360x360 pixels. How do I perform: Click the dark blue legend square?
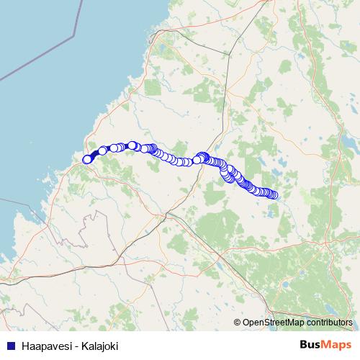[x=12, y=346]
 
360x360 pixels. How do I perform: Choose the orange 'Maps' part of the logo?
[x=336, y=345]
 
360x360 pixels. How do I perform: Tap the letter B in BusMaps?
[x=303, y=345]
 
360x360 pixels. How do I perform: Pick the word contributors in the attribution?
[x=328, y=323]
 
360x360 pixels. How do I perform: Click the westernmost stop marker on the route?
[x=87, y=159]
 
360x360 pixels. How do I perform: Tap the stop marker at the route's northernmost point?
[x=132, y=145]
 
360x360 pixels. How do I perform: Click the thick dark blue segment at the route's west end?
[x=94, y=154]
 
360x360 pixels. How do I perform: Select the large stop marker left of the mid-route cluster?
[x=196, y=160]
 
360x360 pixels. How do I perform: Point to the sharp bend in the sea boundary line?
[x=74, y=35]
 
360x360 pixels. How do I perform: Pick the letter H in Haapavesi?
[x=25, y=346]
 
